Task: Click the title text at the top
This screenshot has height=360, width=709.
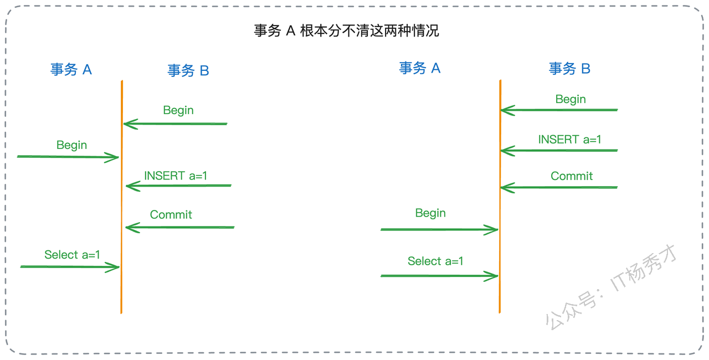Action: pos(346,30)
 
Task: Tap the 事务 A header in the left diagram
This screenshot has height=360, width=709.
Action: pos(71,69)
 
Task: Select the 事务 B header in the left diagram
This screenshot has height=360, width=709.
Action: pos(188,70)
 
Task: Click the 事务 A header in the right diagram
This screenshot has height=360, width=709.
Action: pos(420,68)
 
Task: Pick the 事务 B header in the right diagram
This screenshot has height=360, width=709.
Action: pos(569,69)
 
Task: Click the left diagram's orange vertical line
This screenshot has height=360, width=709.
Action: pos(122,197)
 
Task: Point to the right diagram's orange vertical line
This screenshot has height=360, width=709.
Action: pos(500,197)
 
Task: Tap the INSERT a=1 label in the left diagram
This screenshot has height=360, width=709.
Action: pos(176,176)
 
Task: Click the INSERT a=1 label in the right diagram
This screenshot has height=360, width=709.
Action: pos(570,139)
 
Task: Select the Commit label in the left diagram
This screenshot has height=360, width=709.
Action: pos(171,214)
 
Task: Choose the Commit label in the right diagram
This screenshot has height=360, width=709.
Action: pos(572,176)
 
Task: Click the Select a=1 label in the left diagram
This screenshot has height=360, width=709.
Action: pos(72,255)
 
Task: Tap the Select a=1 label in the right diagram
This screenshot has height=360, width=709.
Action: pos(435,261)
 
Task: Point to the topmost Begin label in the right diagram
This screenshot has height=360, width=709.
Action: pos(571,99)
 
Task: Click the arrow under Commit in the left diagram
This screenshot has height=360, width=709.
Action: pos(180,228)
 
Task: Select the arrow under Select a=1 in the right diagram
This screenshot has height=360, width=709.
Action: pos(439,276)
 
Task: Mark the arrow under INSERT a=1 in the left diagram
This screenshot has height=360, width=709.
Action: pos(178,186)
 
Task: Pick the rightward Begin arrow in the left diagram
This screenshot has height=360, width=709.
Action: pos(68,157)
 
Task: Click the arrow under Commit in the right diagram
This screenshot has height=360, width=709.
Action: pos(559,188)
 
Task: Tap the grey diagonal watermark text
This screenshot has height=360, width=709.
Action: pos(611,287)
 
